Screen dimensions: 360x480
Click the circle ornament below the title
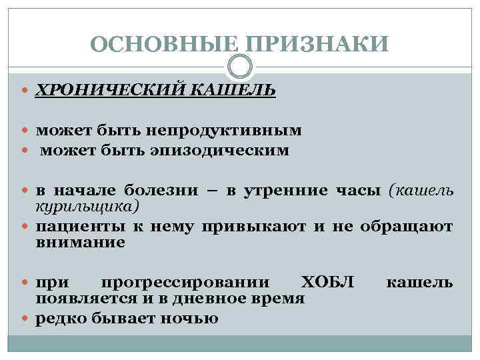(x=239, y=66)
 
